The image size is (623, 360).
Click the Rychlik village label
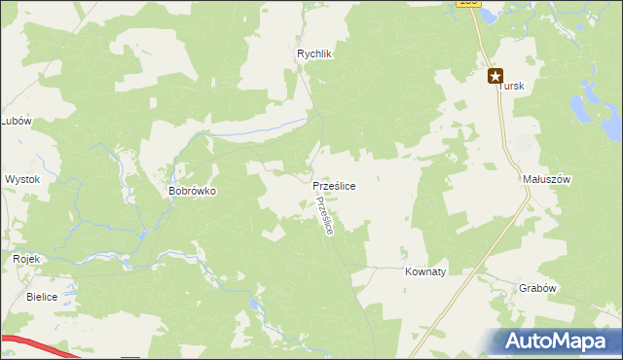[x=315, y=54]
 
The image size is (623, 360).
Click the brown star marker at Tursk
[x=495, y=75]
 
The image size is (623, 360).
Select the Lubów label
[x=17, y=122]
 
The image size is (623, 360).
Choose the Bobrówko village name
[x=192, y=192]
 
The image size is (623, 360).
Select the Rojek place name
[x=25, y=260]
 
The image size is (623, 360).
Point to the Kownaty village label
[x=424, y=272]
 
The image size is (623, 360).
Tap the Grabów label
[x=537, y=288]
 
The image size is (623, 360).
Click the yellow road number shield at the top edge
[x=468, y=4]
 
